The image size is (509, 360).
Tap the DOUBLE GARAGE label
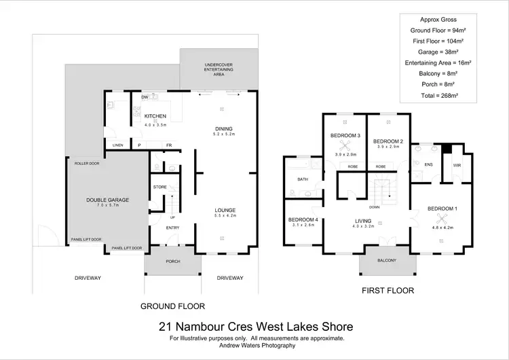pos(107,200)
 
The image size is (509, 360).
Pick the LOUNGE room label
pos(225,210)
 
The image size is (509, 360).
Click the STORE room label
pos(160,186)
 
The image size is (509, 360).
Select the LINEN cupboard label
pos(118,145)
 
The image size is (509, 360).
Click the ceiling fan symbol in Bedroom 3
pos(345,145)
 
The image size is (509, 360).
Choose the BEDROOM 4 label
pos(303,219)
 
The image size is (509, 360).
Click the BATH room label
pos(302,179)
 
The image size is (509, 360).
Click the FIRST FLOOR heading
pos(388,290)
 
